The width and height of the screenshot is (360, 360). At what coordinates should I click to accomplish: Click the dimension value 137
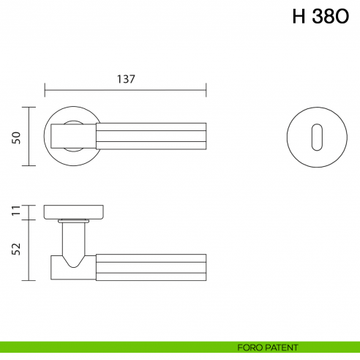[126, 79]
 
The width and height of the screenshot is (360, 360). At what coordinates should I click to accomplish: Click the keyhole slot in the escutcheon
[315, 136]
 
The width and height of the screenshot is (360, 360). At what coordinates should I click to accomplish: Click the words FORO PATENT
[267, 347]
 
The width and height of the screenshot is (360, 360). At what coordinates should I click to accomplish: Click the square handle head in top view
[73, 136]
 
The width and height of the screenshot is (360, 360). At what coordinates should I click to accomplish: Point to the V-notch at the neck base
[75, 260]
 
